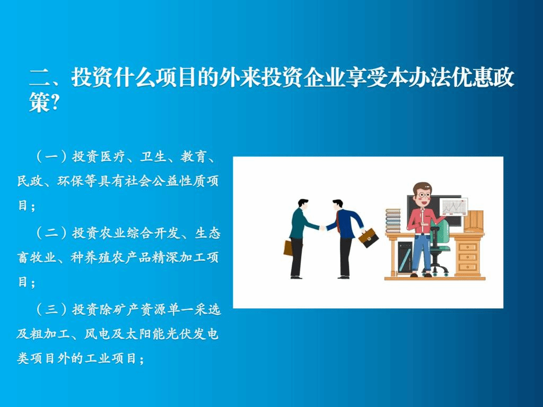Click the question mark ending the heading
[54, 103]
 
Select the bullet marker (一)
[51, 157]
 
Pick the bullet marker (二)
[51, 233]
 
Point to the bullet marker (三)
[51, 309]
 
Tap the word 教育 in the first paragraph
[194, 157]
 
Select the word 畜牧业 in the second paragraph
[37, 258]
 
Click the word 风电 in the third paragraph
[98, 334]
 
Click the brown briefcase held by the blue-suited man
[368, 238]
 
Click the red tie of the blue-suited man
[338, 221]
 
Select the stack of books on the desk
[393, 220]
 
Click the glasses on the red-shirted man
[423, 195]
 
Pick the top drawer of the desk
[468, 247]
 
